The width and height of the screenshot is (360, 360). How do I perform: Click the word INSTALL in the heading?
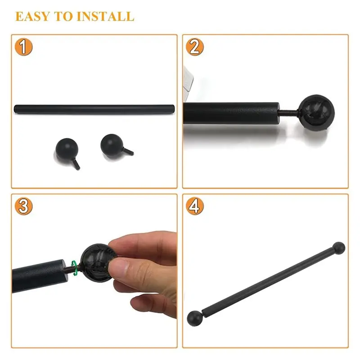click(105, 17)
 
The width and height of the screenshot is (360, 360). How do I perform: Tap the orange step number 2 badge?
click(194, 47)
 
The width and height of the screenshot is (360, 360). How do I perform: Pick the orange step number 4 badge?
click(194, 206)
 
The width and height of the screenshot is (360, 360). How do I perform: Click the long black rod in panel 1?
click(94, 109)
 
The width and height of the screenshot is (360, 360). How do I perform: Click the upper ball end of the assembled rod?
click(339, 247)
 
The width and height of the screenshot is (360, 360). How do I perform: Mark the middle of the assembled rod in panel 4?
click(266, 282)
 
